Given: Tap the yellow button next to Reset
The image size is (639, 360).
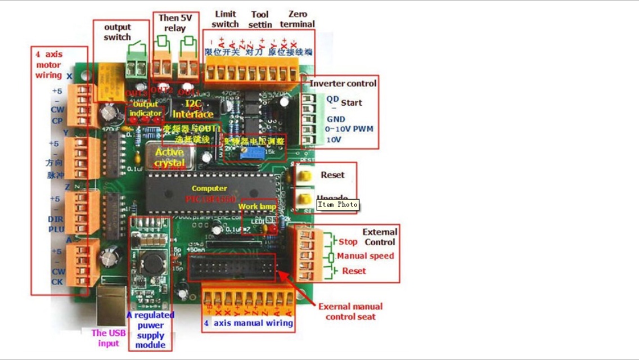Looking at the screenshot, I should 304,175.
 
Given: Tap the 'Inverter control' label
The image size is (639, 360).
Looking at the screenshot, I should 343,83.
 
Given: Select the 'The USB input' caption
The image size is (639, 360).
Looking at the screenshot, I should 109,338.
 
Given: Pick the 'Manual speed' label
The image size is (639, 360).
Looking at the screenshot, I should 366,256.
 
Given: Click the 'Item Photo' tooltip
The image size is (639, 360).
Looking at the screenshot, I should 337,205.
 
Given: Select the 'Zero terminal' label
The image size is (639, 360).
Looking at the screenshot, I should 297,19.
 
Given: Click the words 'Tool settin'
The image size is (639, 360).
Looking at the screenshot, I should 260,19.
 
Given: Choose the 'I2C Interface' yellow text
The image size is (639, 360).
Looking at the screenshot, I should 193,109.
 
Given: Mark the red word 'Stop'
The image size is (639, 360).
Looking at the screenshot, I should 348,242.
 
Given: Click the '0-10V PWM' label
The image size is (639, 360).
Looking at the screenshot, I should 350,129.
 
